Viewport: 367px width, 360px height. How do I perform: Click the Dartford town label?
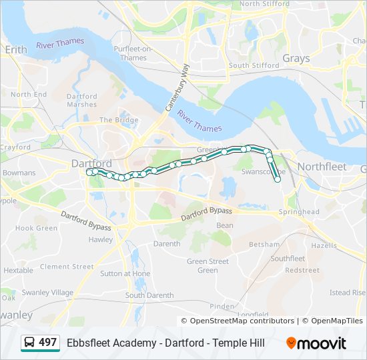(x=91, y=163)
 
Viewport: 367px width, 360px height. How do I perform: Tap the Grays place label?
(x=296, y=58)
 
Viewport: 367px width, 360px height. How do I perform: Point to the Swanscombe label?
(x=264, y=171)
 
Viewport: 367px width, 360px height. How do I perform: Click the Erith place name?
(x=15, y=49)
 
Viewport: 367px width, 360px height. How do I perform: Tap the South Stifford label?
(x=254, y=65)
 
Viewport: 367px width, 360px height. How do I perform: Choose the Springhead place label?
(x=299, y=212)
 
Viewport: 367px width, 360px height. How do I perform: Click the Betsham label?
(x=264, y=245)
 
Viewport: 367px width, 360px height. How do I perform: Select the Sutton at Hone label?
(x=125, y=273)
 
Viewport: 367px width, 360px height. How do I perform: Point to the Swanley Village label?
(x=47, y=293)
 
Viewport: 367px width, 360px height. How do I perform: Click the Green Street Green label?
(x=208, y=266)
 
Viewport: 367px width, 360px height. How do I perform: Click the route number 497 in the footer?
(x=47, y=343)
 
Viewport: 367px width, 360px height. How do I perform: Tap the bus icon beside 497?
(x=29, y=343)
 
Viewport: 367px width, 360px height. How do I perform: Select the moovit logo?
(x=316, y=343)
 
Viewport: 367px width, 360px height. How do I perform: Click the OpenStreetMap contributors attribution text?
(x=242, y=321)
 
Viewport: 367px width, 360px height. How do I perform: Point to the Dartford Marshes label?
(x=81, y=101)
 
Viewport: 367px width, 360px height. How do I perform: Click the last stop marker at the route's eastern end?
(x=278, y=179)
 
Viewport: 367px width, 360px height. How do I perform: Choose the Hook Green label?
(x=36, y=228)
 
